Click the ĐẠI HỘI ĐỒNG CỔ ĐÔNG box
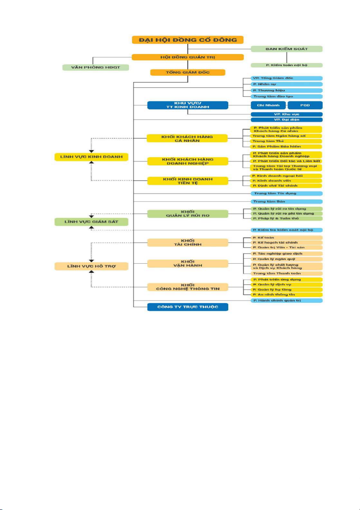click(187, 40)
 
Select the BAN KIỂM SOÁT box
click(286, 49)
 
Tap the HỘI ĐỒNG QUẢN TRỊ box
click(187, 57)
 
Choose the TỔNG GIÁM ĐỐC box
click(187, 72)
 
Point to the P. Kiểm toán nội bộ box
click(286, 65)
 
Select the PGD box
click(305, 105)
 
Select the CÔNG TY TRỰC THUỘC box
click(187, 307)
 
